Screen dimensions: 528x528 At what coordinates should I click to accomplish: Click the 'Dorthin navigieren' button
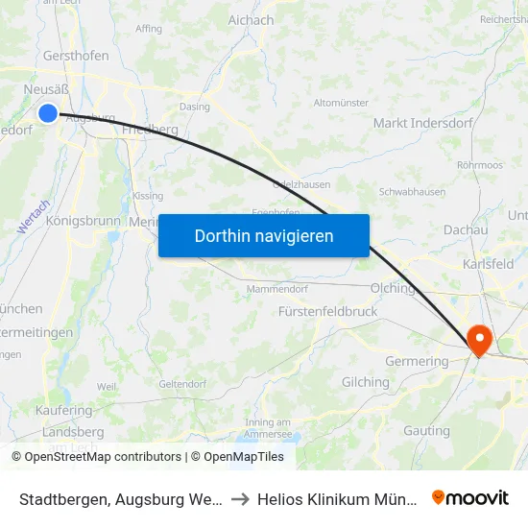tap(264, 235)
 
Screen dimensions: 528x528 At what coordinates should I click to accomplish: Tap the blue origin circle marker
tap(48, 113)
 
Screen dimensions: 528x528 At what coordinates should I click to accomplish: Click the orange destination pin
tap(478, 341)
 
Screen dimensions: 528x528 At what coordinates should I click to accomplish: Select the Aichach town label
tap(251, 19)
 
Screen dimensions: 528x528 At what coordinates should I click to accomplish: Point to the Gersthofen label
tap(76, 56)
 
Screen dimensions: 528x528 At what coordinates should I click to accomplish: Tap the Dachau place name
tap(467, 229)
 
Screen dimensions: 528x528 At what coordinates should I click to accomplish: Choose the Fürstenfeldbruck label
tap(327, 312)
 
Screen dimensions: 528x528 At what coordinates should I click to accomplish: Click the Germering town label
tap(417, 361)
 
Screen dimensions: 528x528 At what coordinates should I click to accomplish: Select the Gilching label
tap(366, 382)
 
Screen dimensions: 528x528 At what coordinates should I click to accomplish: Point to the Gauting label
tap(426, 430)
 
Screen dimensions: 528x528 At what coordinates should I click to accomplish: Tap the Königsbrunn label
tap(84, 220)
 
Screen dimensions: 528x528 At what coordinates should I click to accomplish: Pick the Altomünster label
tap(341, 102)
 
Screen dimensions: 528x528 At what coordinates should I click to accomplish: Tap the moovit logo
tap(470, 497)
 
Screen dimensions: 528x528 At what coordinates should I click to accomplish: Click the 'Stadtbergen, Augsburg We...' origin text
tap(121, 498)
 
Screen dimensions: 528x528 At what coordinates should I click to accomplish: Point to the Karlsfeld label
tap(488, 264)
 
